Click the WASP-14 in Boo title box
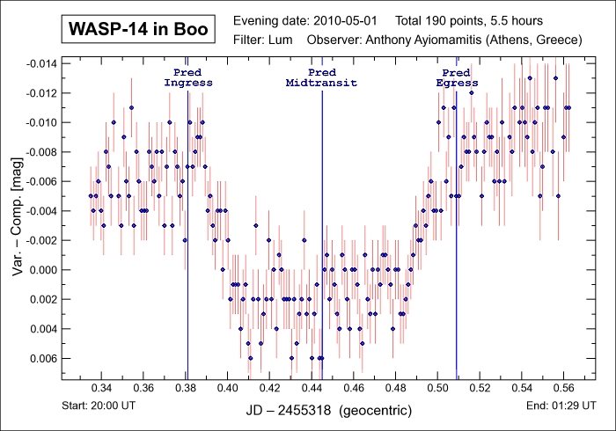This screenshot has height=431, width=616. point(138,30)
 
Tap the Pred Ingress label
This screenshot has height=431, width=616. point(188,77)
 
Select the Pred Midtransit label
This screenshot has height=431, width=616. point(322,77)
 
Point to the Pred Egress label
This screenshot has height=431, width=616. point(457,77)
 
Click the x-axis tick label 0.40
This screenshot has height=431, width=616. point(227,387)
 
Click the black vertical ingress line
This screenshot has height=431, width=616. point(187,264)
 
